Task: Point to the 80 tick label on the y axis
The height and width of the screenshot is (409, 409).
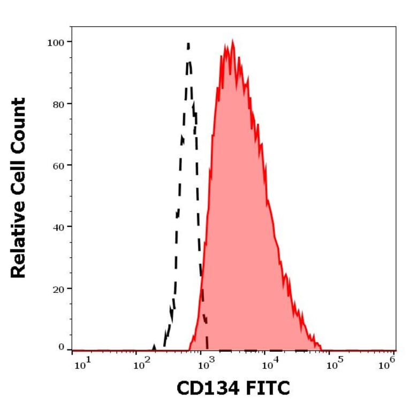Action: pos(58,104)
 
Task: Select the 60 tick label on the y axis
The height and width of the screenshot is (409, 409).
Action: pos(58,165)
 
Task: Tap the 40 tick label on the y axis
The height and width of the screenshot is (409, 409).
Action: pos(58,227)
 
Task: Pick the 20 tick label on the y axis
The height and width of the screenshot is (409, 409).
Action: pos(58,289)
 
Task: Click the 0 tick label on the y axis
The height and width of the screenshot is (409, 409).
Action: pos(61,347)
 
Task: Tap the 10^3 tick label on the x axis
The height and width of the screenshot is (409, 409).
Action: pos(206,365)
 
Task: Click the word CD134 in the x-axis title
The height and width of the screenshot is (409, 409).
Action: pos(209,389)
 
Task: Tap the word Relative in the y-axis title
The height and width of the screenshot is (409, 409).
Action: pos(19,241)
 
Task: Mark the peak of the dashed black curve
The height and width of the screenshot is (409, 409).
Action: pos(188,43)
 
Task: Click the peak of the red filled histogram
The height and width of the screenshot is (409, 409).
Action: pos(232,40)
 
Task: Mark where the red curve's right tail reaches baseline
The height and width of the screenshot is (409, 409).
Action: pos(322,349)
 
